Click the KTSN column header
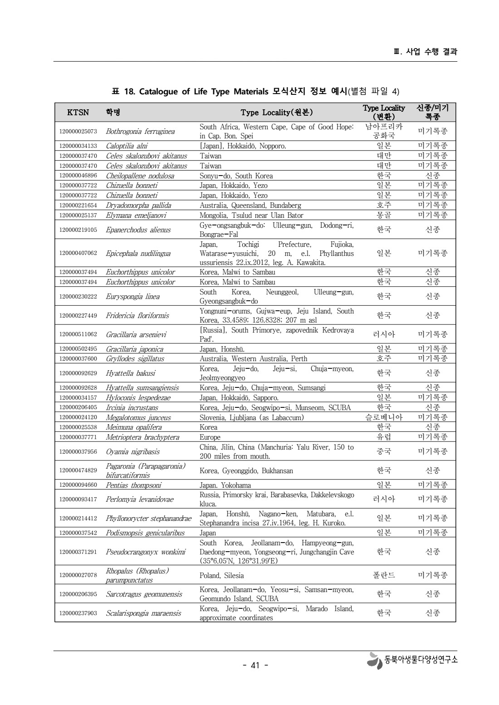[78, 113]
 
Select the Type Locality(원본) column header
[276, 113]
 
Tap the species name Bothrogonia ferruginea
[140, 132]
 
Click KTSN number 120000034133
[78, 146]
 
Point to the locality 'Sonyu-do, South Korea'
[236, 176]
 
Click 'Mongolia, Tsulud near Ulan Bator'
[251, 215]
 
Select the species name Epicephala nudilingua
[138, 254]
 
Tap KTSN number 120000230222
[78, 297]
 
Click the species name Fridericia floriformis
[137, 316]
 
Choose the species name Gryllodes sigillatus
[135, 359]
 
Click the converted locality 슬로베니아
[384, 417]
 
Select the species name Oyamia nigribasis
[132, 452]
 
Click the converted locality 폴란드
[384, 575]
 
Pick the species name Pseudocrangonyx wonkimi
[146, 552]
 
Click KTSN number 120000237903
[78, 613]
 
